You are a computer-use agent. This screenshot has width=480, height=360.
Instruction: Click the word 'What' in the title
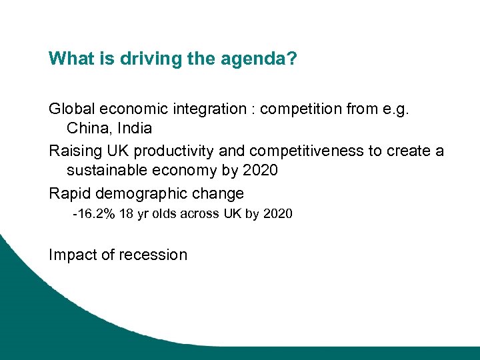tap(68, 59)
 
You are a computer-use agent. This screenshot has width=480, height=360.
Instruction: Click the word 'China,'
tap(89, 128)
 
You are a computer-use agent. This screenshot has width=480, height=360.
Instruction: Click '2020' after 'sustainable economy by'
tap(259, 170)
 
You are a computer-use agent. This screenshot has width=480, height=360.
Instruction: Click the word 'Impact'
tap(71, 255)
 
